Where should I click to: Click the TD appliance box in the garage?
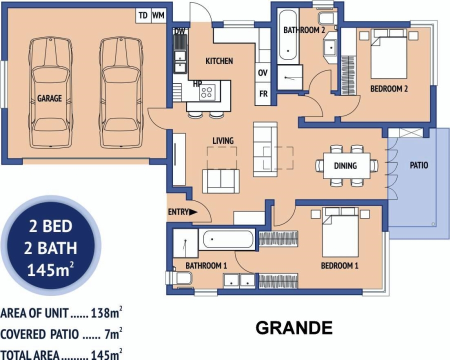click(143, 15)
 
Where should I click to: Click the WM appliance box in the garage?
click(158, 15)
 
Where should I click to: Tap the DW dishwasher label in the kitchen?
click(179, 31)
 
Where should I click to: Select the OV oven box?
click(263, 73)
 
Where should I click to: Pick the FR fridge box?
click(263, 93)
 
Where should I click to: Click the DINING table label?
click(345, 165)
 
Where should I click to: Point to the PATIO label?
click(419, 165)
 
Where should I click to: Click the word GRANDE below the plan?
click(294, 328)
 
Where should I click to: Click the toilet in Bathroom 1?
click(180, 278)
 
